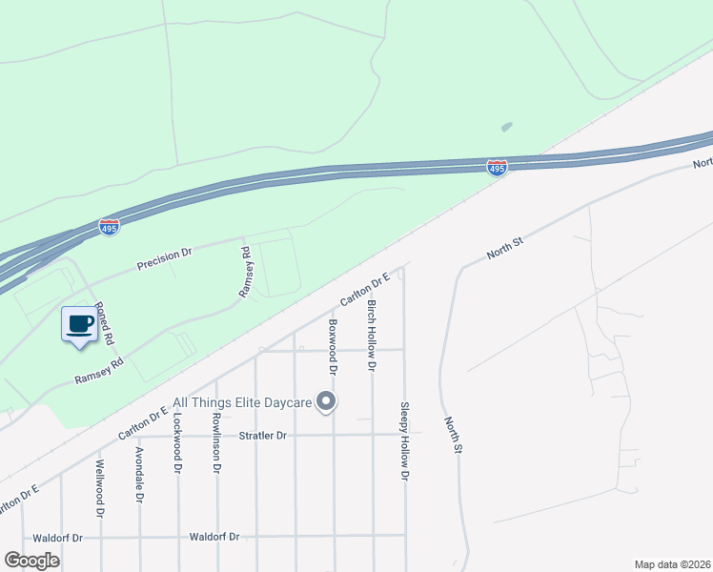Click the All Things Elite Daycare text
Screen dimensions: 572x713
pyautogui.click(x=243, y=403)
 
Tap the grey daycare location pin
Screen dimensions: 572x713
pyautogui.click(x=327, y=401)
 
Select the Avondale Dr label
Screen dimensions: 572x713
pyautogui.click(x=139, y=474)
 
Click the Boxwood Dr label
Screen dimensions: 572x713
pyautogui.click(x=334, y=344)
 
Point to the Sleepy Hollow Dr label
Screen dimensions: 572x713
pyautogui.click(x=405, y=439)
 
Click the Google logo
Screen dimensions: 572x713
pyautogui.click(x=31, y=561)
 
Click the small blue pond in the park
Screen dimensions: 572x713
pyautogui.click(x=505, y=126)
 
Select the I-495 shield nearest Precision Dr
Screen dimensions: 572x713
pyautogui.click(x=109, y=227)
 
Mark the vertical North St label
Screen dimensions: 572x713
pyautogui.click(x=453, y=434)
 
